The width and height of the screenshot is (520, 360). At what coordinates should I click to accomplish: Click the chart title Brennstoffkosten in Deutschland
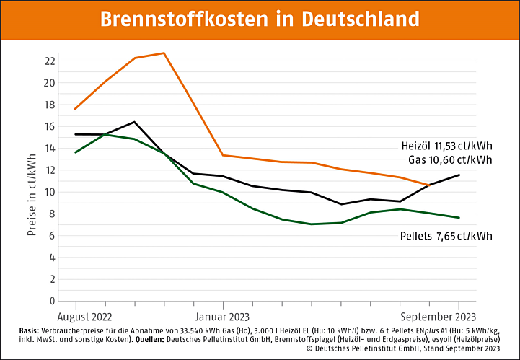tap(260, 19)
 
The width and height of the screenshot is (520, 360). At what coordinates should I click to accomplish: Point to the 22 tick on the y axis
tap(50, 61)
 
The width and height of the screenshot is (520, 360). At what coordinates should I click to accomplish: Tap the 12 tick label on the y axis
tap(50, 170)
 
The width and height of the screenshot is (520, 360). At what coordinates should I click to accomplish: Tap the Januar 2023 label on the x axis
tap(222, 316)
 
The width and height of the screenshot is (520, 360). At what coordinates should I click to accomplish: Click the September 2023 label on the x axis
tap(439, 316)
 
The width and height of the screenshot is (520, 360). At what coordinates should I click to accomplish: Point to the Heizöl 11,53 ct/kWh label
tap(446, 146)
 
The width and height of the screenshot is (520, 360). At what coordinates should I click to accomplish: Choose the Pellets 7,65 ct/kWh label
tap(446, 236)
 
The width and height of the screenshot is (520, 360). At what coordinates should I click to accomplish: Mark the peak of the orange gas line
tap(164, 53)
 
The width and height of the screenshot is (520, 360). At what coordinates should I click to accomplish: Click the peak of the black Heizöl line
tap(134, 122)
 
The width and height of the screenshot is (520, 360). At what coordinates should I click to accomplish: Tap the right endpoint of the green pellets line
tap(459, 217)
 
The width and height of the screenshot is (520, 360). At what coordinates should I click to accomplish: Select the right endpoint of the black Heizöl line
tap(459, 175)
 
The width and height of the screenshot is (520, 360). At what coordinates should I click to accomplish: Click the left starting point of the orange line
tap(76, 109)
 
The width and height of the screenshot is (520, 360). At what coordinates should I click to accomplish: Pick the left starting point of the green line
tap(76, 152)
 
